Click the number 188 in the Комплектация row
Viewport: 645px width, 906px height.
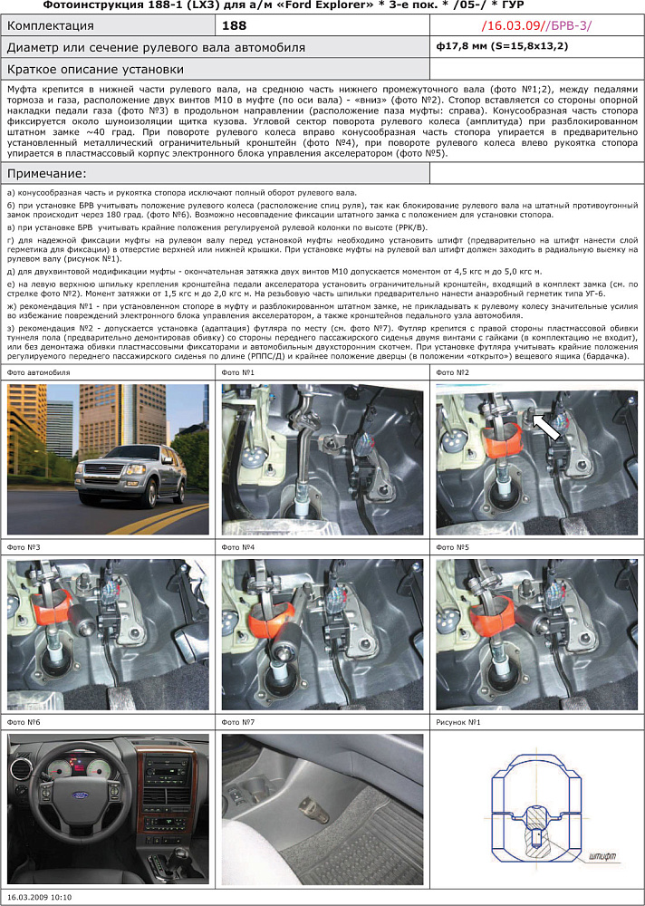pos(234,26)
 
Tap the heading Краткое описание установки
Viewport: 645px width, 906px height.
pos(95,69)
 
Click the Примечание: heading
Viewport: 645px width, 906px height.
pos(46,173)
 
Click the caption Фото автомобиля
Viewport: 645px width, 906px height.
pos(38,372)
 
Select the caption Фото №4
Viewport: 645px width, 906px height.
pos(236,548)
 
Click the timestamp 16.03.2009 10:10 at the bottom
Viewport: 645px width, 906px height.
pos(39,897)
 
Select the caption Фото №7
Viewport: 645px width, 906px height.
pos(236,722)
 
